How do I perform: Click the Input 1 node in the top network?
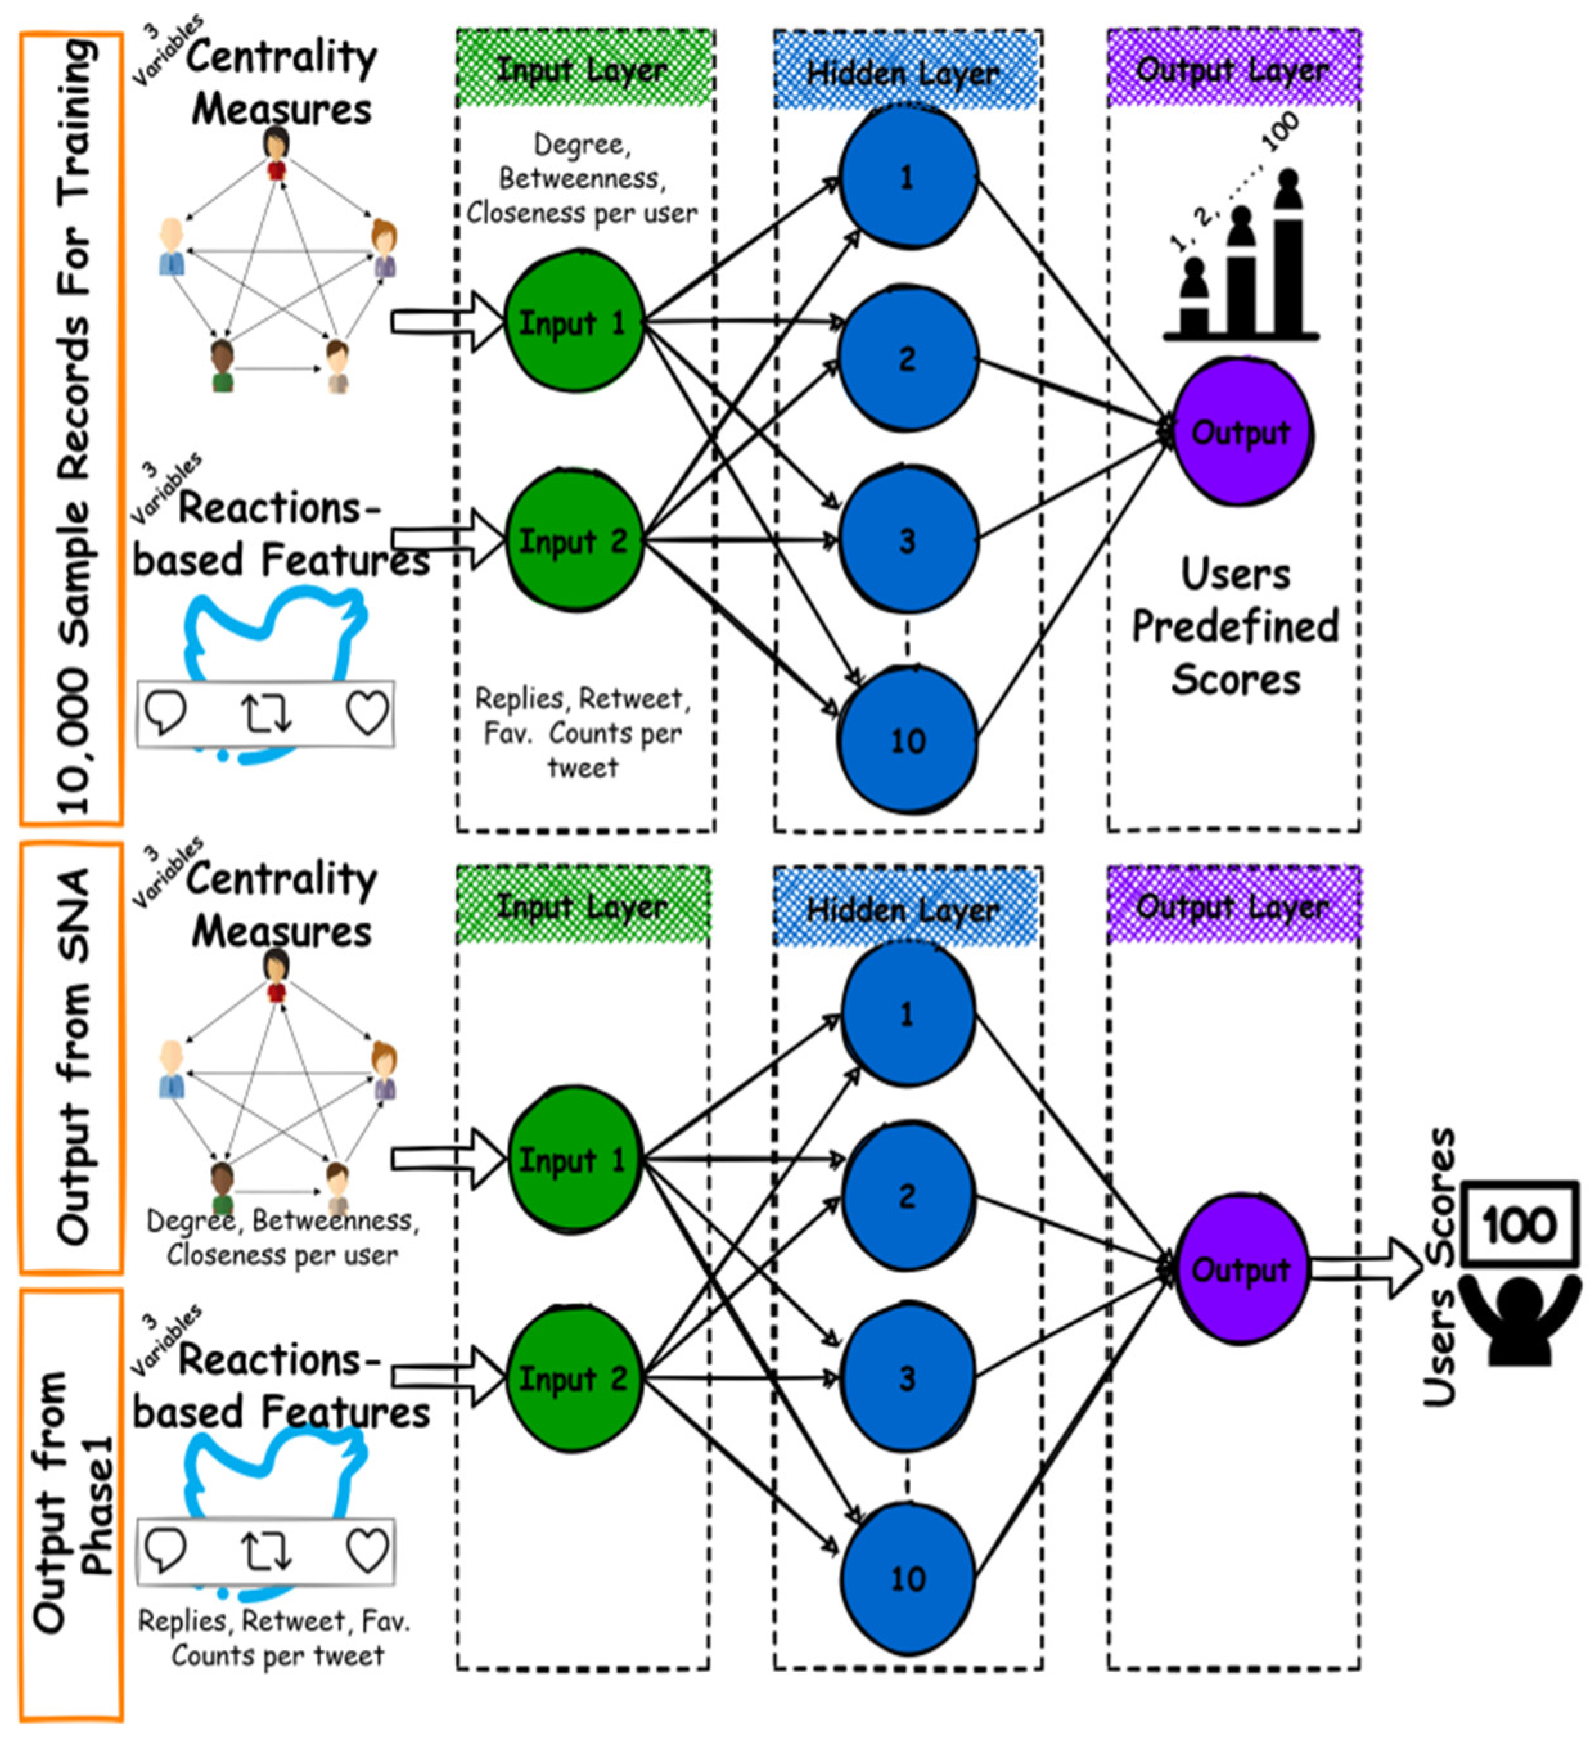573,322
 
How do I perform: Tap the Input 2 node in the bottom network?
573,1379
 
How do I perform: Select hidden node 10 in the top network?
908,740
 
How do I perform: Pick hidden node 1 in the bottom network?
908,1014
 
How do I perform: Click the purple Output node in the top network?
1242,431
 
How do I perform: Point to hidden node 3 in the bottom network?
908,1378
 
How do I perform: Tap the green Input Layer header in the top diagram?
584,69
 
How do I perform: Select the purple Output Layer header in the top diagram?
1234,69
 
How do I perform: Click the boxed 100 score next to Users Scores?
1520,1224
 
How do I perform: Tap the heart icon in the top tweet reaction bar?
367,713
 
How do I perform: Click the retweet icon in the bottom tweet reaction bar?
266,1551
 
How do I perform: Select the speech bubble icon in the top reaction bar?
165,713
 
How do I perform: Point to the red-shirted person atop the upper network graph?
276,153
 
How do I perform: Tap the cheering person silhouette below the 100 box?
1522,1319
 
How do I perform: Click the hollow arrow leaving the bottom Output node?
1366,1268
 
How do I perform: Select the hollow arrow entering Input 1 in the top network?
448,322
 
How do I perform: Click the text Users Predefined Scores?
1235,627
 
